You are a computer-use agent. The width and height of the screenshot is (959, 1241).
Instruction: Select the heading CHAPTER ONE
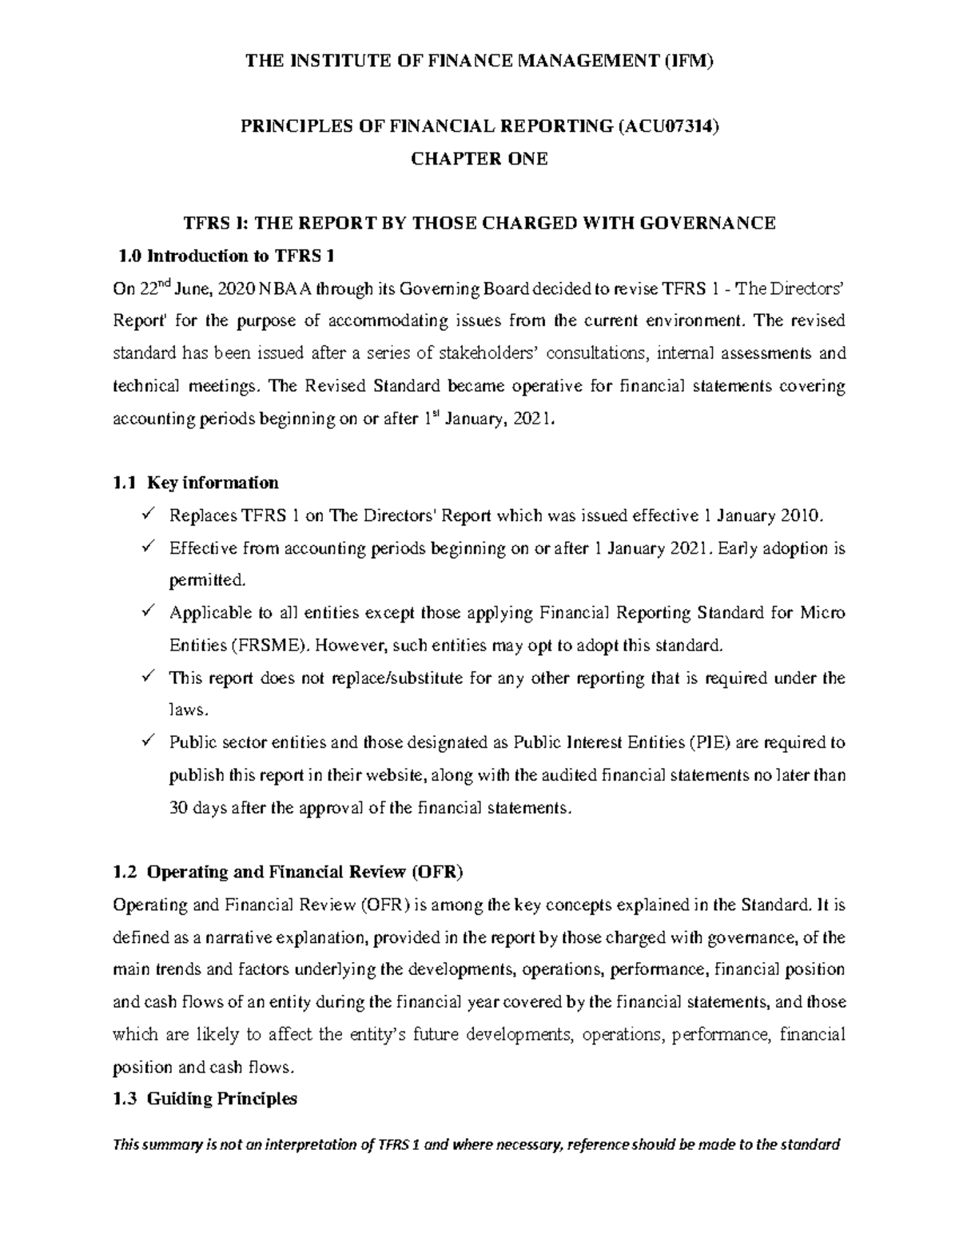[x=479, y=158]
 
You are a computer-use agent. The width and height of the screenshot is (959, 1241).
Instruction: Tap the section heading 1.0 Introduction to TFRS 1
[x=226, y=256]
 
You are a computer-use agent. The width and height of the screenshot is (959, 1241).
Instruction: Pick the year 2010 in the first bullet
[x=800, y=515]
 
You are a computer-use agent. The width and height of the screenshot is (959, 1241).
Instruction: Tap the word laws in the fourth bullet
[x=188, y=710]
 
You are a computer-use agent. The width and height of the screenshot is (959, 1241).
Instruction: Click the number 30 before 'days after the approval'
[x=178, y=807]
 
